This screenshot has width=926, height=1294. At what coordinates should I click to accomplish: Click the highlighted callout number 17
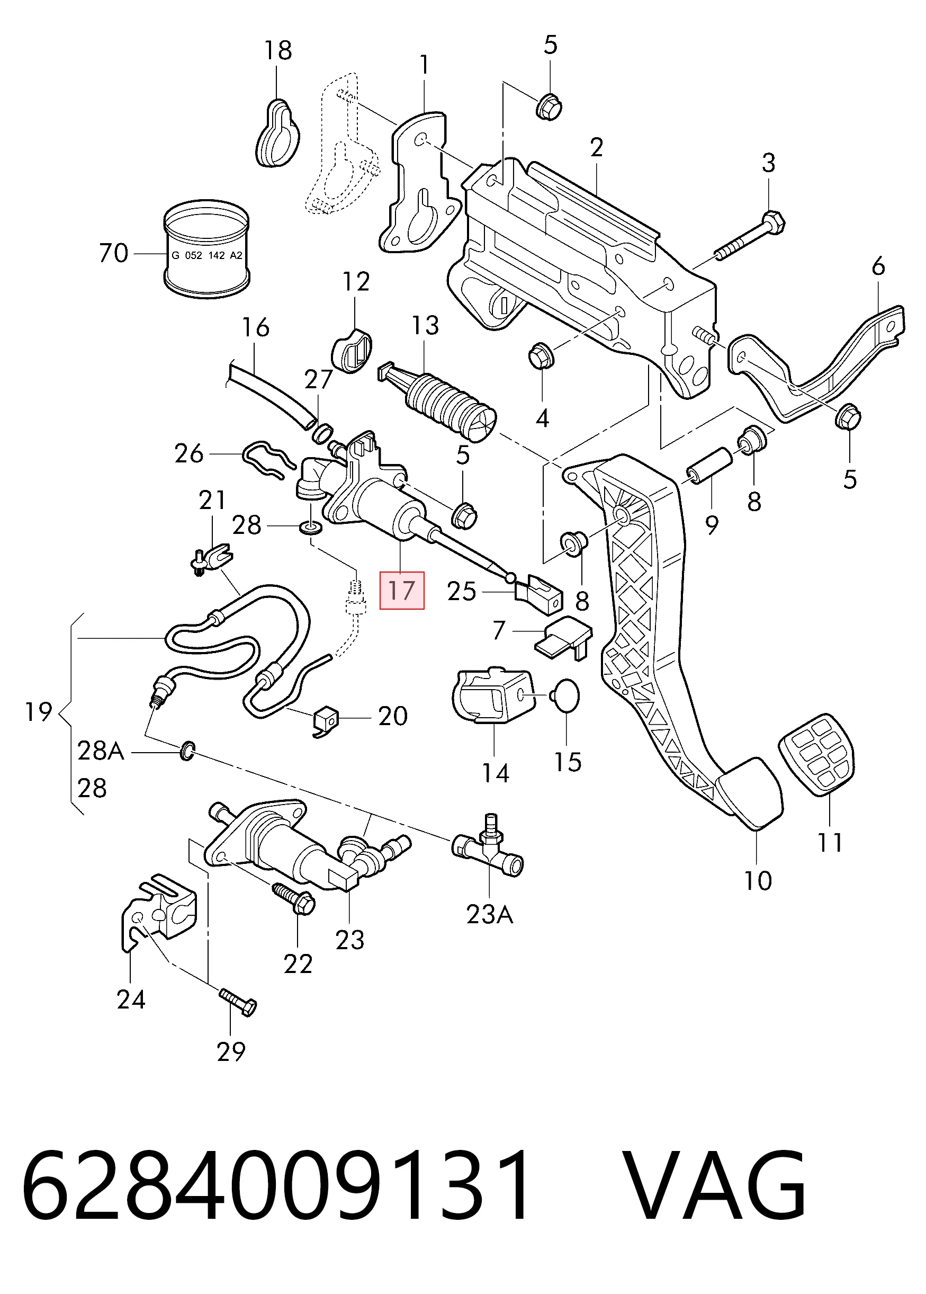click(401, 590)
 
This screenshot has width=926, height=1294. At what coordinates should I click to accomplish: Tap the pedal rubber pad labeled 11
click(816, 754)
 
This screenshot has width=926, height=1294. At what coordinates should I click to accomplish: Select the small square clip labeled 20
click(325, 721)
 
